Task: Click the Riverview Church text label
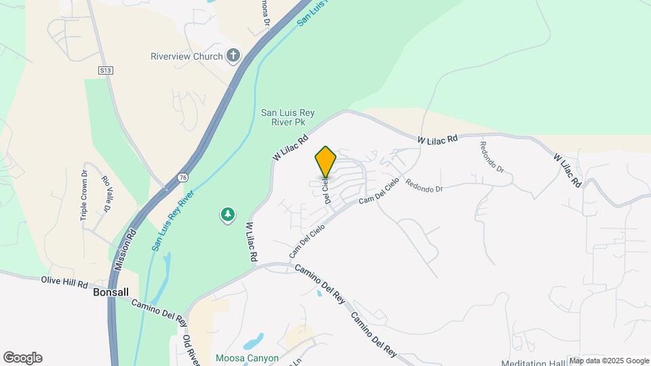point(186,56)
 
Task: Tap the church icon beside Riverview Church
point(234,56)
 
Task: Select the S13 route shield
point(104,70)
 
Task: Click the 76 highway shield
point(183,177)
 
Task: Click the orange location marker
point(325,163)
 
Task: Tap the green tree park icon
point(228,216)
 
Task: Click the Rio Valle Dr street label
point(106,194)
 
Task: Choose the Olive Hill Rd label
point(65,281)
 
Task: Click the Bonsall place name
point(111,292)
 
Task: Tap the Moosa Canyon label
point(247,357)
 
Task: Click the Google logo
point(22,358)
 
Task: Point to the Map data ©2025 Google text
point(609,361)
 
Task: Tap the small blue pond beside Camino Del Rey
point(319,293)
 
